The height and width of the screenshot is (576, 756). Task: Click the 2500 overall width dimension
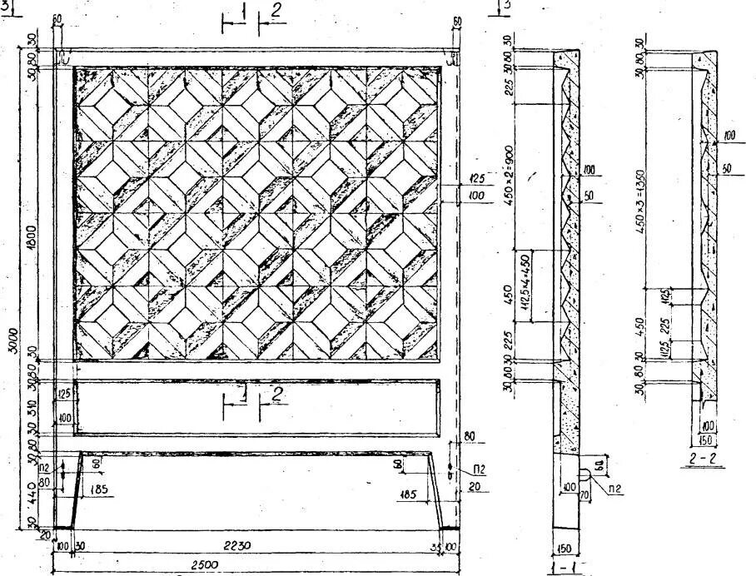(x=204, y=564)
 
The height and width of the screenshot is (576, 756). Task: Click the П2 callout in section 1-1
(x=614, y=490)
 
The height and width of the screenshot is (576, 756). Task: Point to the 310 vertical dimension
(x=32, y=407)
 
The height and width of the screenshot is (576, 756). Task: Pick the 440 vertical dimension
(x=32, y=491)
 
